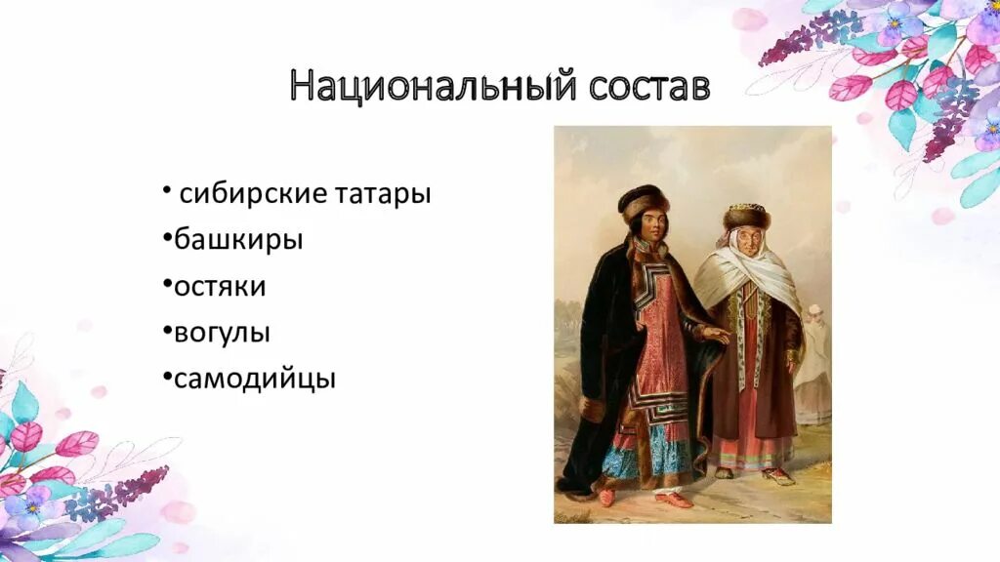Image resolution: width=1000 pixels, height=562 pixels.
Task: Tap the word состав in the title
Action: tap(649, 87)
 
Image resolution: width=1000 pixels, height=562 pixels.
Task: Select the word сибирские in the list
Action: tap(253, 194)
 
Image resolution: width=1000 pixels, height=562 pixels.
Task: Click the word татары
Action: tap(384, 194)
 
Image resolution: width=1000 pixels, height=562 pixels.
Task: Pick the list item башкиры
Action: tap(238, 240)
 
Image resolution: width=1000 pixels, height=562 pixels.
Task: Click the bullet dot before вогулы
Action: tap(168, 332)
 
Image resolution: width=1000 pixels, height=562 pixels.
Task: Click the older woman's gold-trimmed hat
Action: tap(746, 214)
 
